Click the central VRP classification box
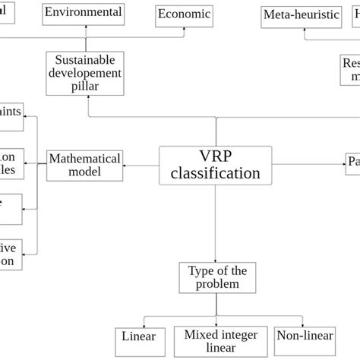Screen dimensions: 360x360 click(x=215, y=164)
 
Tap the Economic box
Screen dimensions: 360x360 click(x=183, y=14)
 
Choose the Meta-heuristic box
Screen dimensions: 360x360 click(x=301, y=15)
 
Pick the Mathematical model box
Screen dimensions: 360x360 click(x=84, y=165)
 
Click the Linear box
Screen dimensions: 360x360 click(x=138, y=336)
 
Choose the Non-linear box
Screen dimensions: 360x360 click(x=299, y=336)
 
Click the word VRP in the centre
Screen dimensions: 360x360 click(x=215, y=155)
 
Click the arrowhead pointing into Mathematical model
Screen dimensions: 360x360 click(x=125, y=164)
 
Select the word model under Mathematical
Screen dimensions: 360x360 click(x=84, y=172)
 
